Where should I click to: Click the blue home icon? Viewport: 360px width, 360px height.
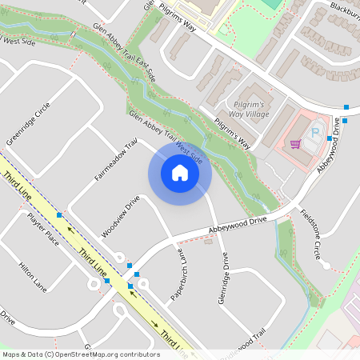180,173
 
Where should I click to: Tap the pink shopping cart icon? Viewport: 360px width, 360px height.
295,144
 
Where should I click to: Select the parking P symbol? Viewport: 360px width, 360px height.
314,133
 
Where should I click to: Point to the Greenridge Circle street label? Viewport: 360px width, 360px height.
29,123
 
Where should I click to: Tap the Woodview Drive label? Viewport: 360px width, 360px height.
121,216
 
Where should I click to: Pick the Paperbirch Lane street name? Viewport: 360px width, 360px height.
179,275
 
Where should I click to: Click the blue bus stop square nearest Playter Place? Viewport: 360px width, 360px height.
59,214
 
